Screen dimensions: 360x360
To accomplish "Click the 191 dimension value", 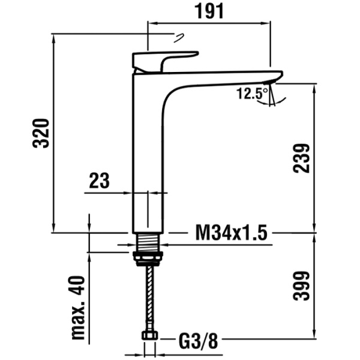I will point(209,11).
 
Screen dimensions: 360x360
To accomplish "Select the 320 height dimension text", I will point(41,133).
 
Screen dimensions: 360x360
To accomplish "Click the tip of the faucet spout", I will point(277,76).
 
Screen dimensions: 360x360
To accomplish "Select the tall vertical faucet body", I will point(147,156).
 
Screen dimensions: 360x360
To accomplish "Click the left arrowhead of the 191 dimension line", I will point(151,23).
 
